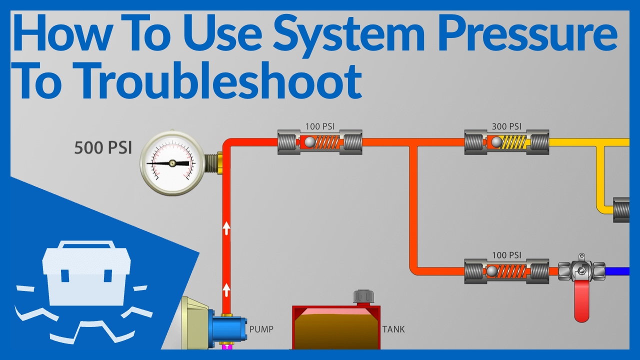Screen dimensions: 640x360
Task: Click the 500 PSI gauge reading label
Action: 103,148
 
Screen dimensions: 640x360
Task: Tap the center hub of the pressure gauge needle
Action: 172,163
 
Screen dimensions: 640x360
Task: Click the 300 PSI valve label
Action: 506,126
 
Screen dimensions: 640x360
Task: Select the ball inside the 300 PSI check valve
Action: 496,142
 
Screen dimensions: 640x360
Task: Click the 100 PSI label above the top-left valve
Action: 320,126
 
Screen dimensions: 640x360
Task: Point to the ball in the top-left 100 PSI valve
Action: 309,142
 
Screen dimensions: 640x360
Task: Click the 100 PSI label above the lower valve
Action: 506,255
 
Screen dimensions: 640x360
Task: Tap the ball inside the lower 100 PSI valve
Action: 491,271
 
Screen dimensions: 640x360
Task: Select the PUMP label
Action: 261,329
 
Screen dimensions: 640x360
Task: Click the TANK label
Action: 393,329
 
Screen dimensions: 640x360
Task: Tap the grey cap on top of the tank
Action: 363,297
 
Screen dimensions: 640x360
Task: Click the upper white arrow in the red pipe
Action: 226,228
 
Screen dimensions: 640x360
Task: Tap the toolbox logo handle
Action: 86,245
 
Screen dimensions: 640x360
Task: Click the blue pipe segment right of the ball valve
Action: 617,271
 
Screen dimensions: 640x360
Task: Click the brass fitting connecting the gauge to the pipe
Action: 220,163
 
